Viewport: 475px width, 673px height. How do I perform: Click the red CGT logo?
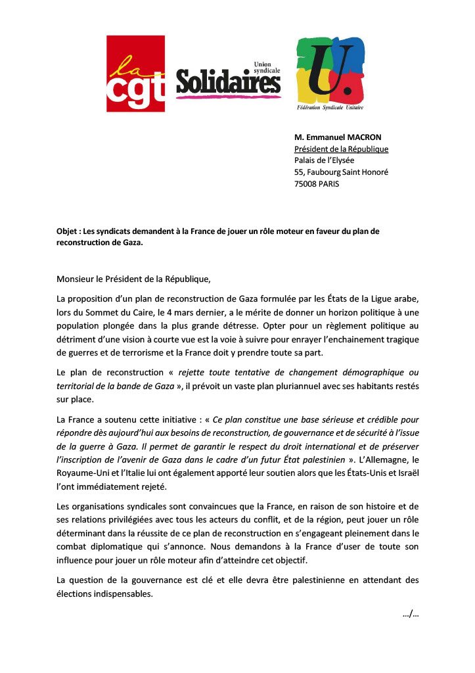(136, 74)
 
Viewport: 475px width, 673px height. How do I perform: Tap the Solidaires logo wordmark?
(228, 82)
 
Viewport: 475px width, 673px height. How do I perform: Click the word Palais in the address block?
(306, 160)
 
